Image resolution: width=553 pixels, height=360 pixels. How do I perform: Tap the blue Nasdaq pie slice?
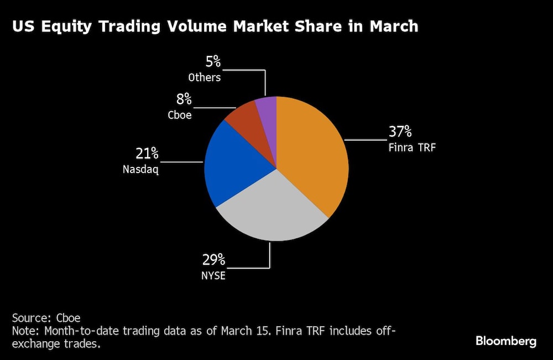pos(232,166)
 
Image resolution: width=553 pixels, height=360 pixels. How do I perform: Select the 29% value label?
pos(213,260)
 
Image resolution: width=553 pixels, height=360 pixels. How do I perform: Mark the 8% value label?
pos(184,100)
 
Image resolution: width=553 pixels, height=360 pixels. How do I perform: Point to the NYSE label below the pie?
pos(213,275)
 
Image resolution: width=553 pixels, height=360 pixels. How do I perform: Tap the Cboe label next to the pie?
pos(179,115)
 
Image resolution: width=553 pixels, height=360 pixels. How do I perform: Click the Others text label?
pos(205,77)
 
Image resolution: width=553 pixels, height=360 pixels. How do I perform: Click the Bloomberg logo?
pos(505,341)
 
